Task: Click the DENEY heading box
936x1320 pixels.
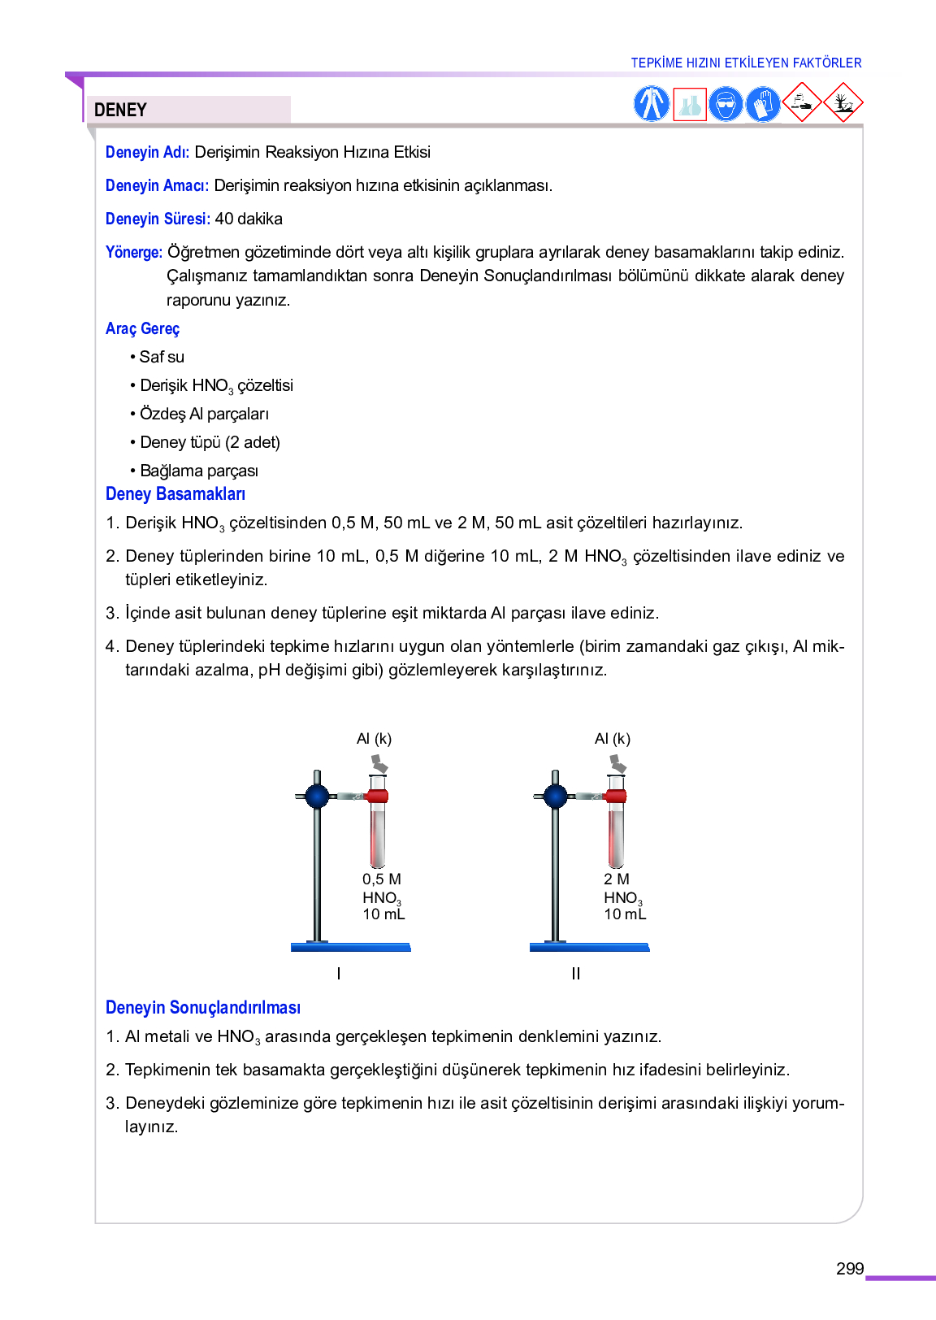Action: (188, 110)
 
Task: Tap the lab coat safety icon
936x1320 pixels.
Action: (651, 104)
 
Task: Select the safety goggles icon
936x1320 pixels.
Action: (726, 104)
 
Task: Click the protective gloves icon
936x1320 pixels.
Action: (763, 104)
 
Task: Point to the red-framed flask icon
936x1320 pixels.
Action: (690, 104)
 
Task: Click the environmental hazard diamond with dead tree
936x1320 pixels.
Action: (843, 102)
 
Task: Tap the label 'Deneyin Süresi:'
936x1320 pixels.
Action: (158, 219)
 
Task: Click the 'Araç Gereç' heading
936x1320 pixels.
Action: (142, 328)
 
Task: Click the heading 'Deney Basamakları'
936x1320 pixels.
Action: (175, 494)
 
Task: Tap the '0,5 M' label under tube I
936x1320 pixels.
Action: (382, 879)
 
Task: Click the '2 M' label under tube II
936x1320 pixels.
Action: (617, 879)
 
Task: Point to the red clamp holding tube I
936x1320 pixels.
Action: (377, 796)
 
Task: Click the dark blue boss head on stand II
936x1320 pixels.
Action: (556, 796)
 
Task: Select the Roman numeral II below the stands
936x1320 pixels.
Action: (576, 974)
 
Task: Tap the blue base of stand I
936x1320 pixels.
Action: (351, 947)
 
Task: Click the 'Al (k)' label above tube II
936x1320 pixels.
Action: (613, 739)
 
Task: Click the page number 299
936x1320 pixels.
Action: (850, 1269)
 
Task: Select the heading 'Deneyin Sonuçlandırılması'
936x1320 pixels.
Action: (203, 1008)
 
